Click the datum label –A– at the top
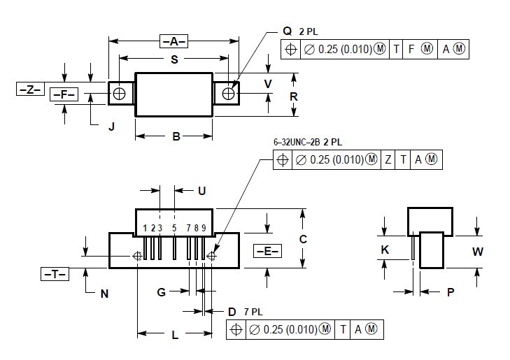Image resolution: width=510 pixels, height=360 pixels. pos(173,40)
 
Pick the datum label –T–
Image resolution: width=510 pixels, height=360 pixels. pos(54,274)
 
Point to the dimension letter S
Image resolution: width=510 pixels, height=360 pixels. pos(173,59)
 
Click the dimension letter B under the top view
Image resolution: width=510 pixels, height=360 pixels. pos(176,136)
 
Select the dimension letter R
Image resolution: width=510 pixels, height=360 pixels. pos(294,96)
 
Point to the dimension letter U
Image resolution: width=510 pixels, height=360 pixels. pos(201,190)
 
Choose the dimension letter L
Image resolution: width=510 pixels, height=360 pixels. pos(175,335)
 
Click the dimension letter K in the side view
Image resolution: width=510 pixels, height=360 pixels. pos(385,250)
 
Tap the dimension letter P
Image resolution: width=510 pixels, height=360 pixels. pos(451,292)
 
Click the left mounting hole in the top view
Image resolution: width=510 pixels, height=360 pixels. pos(120,93)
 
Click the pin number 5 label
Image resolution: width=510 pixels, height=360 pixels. pos(173,228)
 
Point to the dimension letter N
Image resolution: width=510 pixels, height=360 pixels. pos(104,294)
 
